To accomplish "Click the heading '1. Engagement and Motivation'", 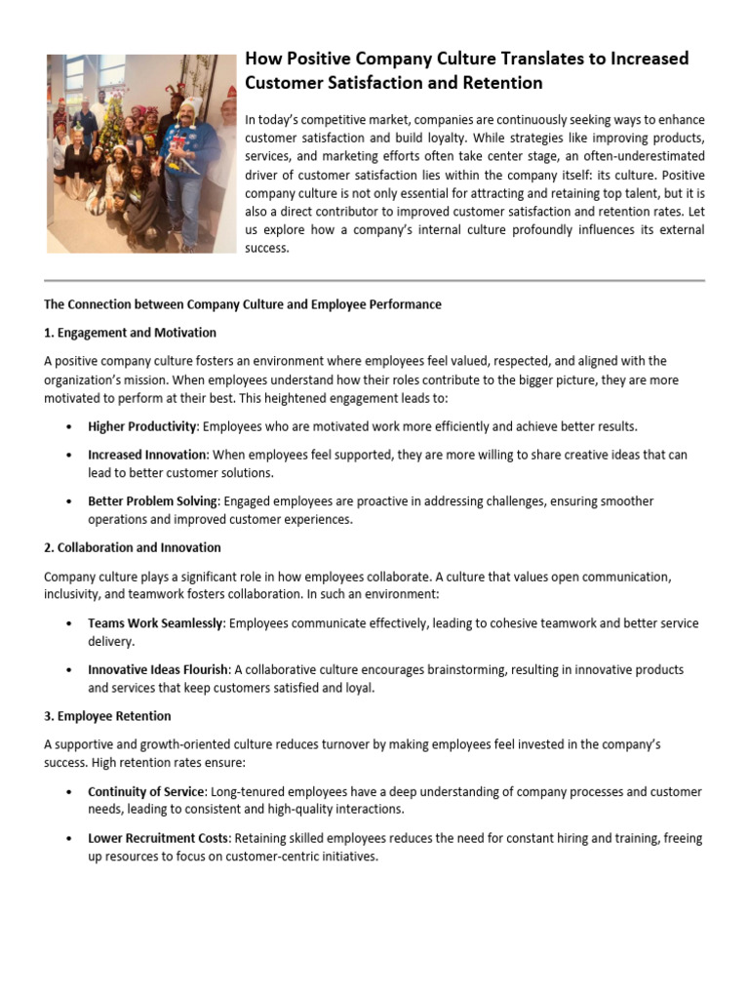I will click(x=130, y=333).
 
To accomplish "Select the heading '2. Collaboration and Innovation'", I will click(x=132, y=547).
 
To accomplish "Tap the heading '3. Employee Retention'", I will click(x=107, y=716).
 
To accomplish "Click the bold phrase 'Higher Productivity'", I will click(x=142, y=427).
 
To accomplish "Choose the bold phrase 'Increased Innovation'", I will click(x=146, y=455).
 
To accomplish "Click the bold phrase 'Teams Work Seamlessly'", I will click(x=155, y=623).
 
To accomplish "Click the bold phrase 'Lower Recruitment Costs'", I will click(x=158, y=839).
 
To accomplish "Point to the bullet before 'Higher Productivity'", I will click(x=67, y=427).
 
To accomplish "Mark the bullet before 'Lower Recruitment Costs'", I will click(x=67, y=839).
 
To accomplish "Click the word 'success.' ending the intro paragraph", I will click(x=267, y=249).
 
